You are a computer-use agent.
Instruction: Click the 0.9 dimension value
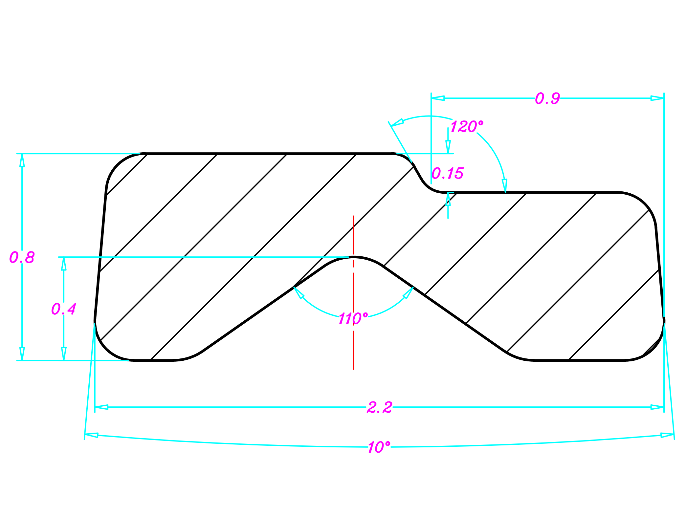click(x=547, y=98)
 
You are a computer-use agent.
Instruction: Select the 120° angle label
click(x=466, y=127)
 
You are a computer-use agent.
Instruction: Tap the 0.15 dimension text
click(x=447, y=173)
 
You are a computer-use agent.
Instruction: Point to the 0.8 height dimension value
click(x=22, y=257)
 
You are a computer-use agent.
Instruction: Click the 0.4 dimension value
click(x=63, y=309)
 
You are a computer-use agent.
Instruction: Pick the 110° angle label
click(x=353, y=319)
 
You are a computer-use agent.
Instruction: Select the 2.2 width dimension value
click(x=379, y=408)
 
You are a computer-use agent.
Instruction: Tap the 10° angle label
click(x=379, y=447)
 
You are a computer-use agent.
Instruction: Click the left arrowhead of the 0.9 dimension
click(x=438, y=98)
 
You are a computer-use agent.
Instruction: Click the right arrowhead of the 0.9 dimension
click(x=657, y=98)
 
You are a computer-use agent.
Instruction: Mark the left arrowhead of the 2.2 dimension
click(x=101, y=407)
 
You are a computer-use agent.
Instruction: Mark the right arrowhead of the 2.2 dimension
click(x=657, y=407)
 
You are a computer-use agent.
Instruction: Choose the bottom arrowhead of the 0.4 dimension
click(x=64, y=354)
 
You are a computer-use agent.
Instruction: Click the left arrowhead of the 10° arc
click(x=92, y=435)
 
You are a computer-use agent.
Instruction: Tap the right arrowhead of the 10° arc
click(x=667, y=435)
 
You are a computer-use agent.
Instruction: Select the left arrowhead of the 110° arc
click(x=299, y=292)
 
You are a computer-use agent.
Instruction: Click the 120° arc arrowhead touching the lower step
click(x=505, y=186)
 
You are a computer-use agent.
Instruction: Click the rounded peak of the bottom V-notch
click(x=354, y=257)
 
